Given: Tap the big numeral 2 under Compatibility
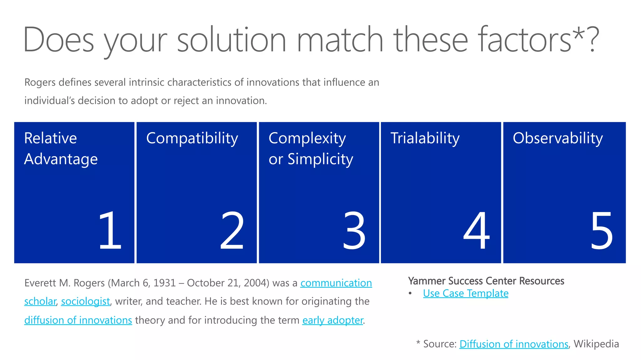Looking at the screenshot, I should (x=232, y=230).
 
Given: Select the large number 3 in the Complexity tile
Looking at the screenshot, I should (x=354, y=230).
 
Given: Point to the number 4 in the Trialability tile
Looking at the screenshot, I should (x=476, y=230).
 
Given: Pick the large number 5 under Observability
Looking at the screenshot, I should (x=601, y=230).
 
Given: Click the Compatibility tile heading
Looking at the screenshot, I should (x=192, y=139).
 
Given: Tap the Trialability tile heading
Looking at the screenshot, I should (x=425, y=139).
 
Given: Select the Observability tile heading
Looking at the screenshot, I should (x=558, y=139).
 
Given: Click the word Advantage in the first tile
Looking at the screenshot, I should (x=61, y=159).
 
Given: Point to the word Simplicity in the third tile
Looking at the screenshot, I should (x=320, y=160).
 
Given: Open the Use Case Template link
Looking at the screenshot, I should (x=466, y=294).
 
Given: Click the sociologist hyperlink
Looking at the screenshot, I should (x=85, y=302).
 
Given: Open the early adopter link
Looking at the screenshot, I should (x=333, y=320).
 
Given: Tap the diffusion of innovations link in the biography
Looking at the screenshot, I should (x=78, y=320).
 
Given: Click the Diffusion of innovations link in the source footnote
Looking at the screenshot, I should (x=514, y=344).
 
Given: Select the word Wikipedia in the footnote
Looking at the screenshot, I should (x=596, y=344).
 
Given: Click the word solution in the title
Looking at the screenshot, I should (x=232, y=40).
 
